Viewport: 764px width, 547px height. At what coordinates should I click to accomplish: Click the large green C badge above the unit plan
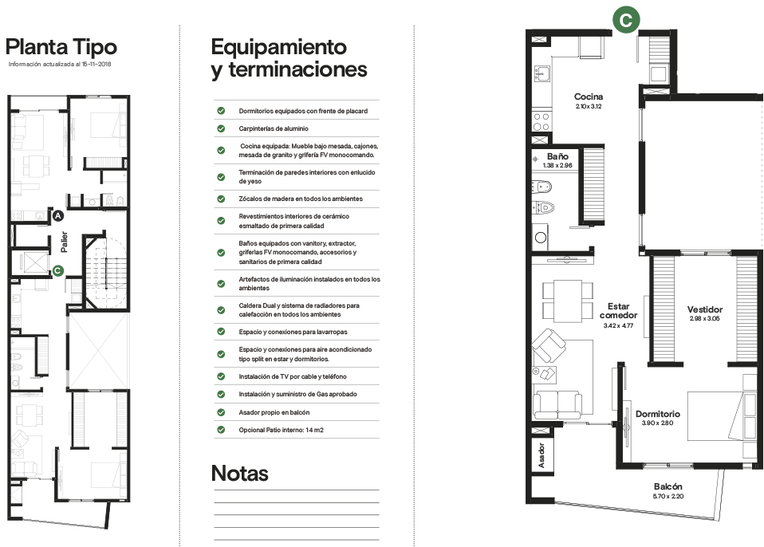click(x=625, y=20)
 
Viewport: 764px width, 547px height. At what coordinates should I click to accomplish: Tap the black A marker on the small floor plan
click(x=58, y=216)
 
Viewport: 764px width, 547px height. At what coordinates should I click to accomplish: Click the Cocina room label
click(x=589, y=96)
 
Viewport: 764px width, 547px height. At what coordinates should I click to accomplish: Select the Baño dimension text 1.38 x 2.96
click(x=557, y=165)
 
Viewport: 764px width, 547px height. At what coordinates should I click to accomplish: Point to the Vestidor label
click(x=704, y=309)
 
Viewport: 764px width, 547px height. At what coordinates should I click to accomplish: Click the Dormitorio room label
click(x=658, y=414)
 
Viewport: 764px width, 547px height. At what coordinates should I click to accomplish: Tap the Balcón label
click(x=668, y=486)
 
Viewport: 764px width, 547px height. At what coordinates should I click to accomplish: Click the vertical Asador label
click(x=541, y=455)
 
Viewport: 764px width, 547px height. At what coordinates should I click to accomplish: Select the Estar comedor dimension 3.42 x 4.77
click(x=618, y=325)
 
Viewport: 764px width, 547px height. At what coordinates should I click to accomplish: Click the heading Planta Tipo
click(x=61, y=47)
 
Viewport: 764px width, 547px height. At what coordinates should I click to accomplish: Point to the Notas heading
click(x=240, y=473)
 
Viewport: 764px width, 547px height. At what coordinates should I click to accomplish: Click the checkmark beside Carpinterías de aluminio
click(x=221, y=128)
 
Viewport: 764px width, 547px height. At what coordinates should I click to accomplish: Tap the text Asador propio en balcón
click(x=274, y=412)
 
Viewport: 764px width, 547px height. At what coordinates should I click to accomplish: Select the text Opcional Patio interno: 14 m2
click(x=282, y=430)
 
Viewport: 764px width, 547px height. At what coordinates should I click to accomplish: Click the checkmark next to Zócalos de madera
click(x=221, y=199)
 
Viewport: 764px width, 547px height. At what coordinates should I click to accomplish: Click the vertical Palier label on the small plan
click(x=64, y=242)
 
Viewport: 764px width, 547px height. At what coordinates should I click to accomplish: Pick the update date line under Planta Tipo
click(x=60, y=64)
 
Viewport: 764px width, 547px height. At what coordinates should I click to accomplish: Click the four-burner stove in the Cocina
click(x=541, y=121)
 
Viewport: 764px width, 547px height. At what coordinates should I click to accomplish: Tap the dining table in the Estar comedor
click(x=568, y=301)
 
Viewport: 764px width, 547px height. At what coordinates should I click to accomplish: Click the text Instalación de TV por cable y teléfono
click(x=293, y=376)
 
